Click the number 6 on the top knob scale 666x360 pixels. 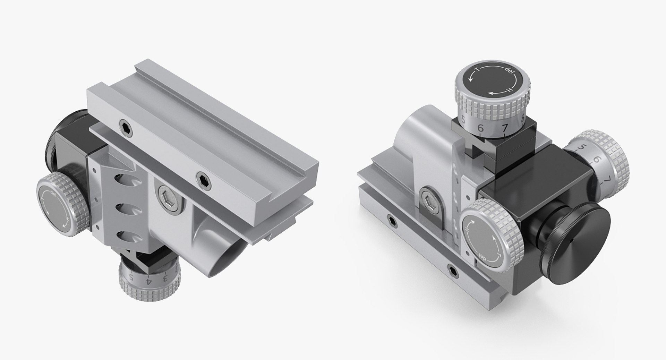480,128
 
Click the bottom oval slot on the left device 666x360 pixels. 125,237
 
